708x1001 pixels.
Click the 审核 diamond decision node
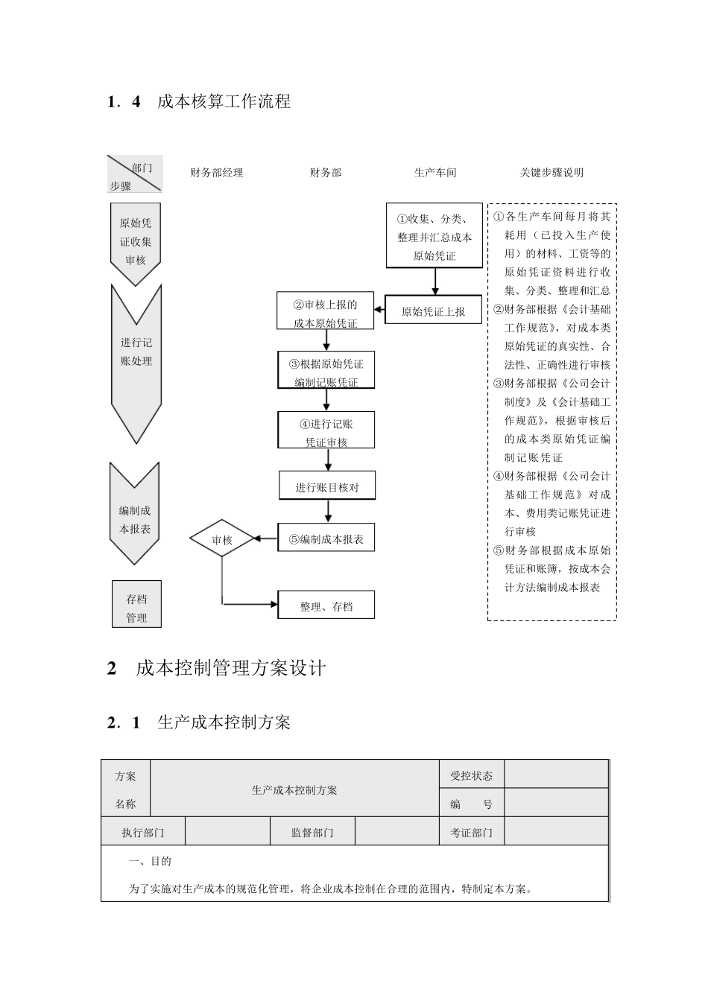click(222, 539)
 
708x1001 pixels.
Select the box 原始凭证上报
click(433, 311)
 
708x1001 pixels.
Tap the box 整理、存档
click(326, 606)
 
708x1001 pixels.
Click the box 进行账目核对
click(327, 486)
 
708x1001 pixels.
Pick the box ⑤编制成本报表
click(326, 538)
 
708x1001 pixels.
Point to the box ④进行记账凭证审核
click(326, 431)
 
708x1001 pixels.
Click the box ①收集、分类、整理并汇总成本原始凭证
click(434, 235)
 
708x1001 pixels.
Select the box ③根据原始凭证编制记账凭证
click(326, 372)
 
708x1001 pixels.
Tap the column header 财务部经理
click(217, 173)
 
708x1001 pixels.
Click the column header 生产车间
click(435, 173)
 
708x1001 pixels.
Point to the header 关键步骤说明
click(551, 173)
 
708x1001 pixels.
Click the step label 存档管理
click(136, 607)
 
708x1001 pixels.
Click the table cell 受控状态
click(471, 775)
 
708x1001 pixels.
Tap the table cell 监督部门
click(312, 832)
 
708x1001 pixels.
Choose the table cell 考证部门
click(471, 832)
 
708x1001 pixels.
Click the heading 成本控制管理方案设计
click(231, 668)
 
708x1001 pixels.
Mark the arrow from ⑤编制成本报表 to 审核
click(265, 538)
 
